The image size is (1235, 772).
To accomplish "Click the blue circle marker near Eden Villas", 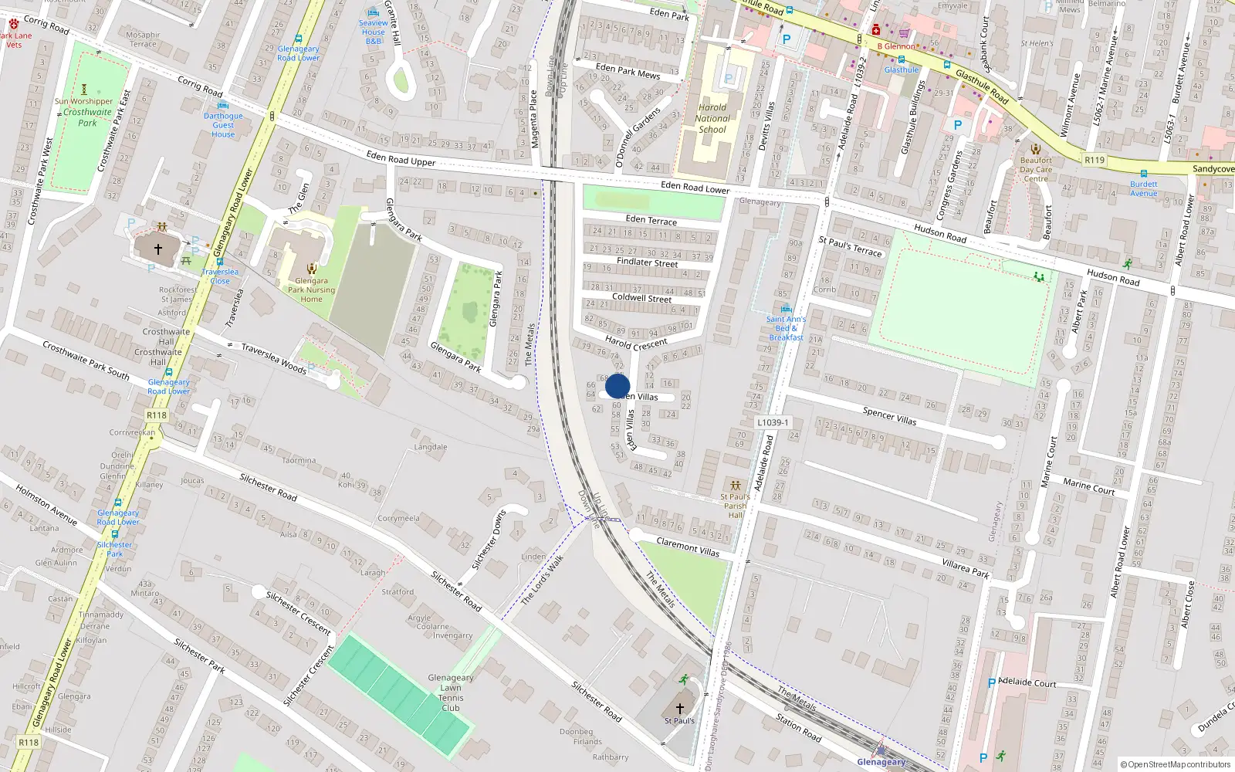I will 617,386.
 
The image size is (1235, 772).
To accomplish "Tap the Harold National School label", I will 712,118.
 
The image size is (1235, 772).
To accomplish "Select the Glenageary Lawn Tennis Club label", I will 451,692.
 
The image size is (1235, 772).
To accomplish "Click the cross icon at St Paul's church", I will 680,707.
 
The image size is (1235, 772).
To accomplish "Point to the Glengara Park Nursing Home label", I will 311,289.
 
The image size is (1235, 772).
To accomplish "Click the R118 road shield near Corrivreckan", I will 157,415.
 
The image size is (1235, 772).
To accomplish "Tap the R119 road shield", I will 1094,160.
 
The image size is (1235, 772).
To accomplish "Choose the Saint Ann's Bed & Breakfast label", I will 786,328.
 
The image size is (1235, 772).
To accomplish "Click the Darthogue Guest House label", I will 223,125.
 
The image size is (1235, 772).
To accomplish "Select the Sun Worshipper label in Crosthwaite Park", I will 83,101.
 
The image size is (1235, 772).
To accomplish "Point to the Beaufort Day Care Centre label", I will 1036,169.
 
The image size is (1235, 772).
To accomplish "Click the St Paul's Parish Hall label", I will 736,506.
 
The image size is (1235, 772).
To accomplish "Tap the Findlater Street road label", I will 647,262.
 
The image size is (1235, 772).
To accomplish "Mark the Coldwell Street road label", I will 641,297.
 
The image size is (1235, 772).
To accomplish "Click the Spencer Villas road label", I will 889,417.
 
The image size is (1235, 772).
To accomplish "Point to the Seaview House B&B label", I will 373,32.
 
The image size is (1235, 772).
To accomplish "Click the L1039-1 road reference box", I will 773,422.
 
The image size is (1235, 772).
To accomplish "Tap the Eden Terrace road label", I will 651,220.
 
